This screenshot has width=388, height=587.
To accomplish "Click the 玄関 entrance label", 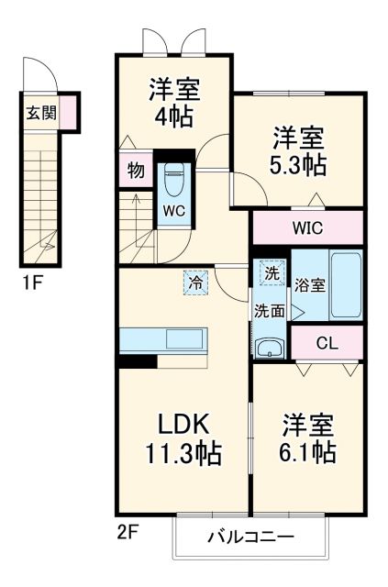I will point(40,114).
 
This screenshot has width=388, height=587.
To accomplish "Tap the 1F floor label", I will point(31,283).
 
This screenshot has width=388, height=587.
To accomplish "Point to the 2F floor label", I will point(128,531).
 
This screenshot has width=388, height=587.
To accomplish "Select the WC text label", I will point(174,210).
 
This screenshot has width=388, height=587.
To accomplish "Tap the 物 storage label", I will point(134,171).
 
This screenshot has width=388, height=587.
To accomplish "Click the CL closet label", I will point(326,344).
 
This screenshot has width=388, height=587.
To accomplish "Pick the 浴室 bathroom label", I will point(310,285).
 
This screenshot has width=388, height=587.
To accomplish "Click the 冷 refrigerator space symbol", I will point(195,282).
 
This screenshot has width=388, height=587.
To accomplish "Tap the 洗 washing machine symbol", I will point(272,271).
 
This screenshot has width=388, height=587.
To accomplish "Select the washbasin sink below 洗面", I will point(270,347).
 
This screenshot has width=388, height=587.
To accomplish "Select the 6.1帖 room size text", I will point(307,452).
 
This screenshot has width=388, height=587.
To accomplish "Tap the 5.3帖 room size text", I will point(298,166).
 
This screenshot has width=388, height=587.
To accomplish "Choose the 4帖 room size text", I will point(176,117).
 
